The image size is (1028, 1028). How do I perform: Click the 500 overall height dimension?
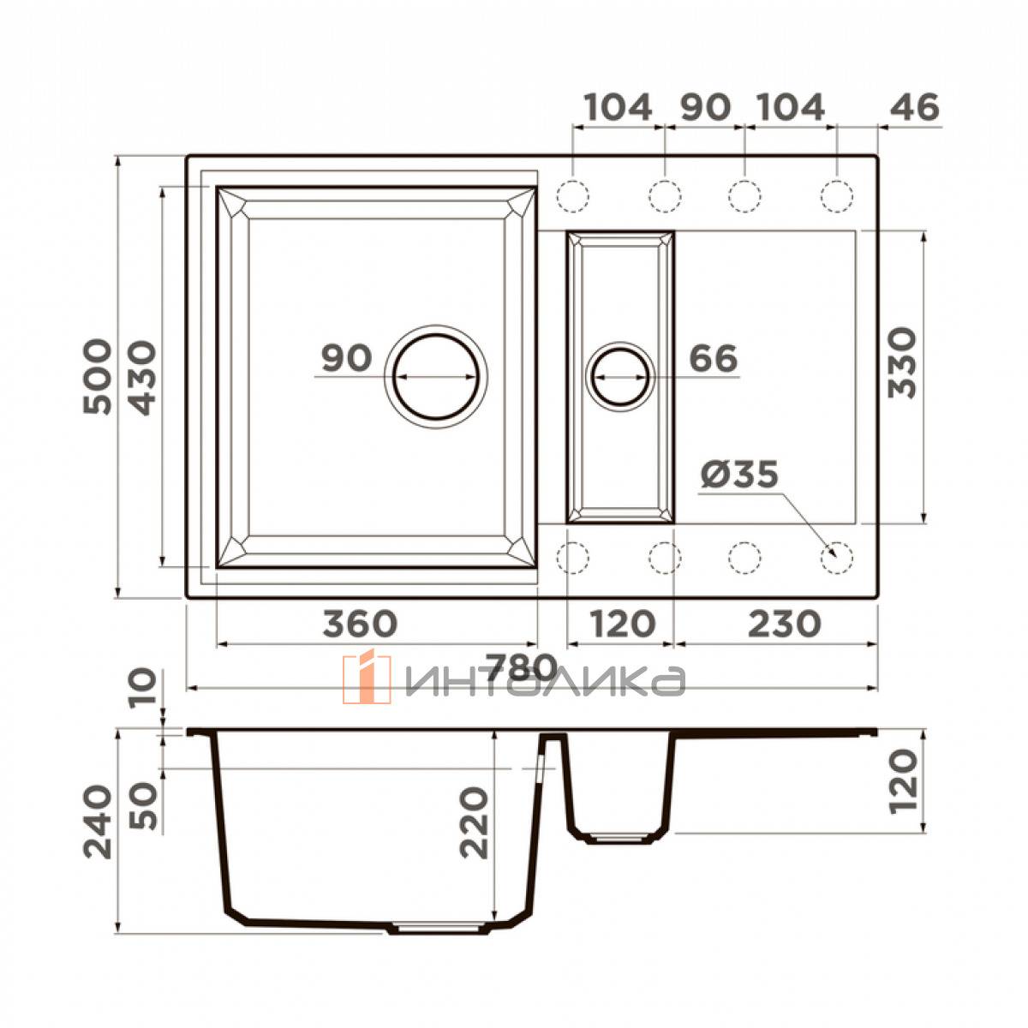(x=99, y=377)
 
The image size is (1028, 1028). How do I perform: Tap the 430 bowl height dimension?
(x=143, y=378)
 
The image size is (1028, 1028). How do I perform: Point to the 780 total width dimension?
(x=523, y=667)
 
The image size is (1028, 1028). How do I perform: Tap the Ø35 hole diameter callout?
(x=739, y=473)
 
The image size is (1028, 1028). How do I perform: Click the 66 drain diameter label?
(x=714, y=357)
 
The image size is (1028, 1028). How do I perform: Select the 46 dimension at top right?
(x=914, y=107)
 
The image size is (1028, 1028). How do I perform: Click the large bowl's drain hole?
(x=437, y=377)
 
